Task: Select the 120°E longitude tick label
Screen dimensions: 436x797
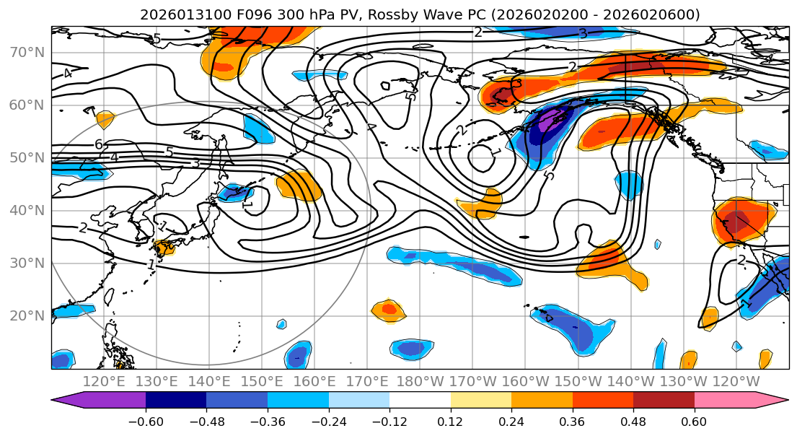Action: pyautogui.click(x=104, y=381)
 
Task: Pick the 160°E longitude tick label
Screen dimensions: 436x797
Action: pyautogui.click(x=314, y=381)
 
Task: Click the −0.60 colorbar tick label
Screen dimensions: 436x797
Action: pyautogui.click(x=145, y=422)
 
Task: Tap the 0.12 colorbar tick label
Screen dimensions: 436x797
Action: pyautogui.click(x=450, y=422)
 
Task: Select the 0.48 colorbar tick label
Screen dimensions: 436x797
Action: pyautogui.click(x=633, y=422)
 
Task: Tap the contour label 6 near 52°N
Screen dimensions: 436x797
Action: pyautogui.click(x=99, y=144)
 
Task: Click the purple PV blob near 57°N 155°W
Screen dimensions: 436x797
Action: pyautogui.click(x=550, y=120)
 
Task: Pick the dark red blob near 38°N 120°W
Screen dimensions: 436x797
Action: pyautogui.click(x=737, y=220)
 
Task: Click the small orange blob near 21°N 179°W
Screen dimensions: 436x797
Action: pyautogui.click(x=387, y=310)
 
